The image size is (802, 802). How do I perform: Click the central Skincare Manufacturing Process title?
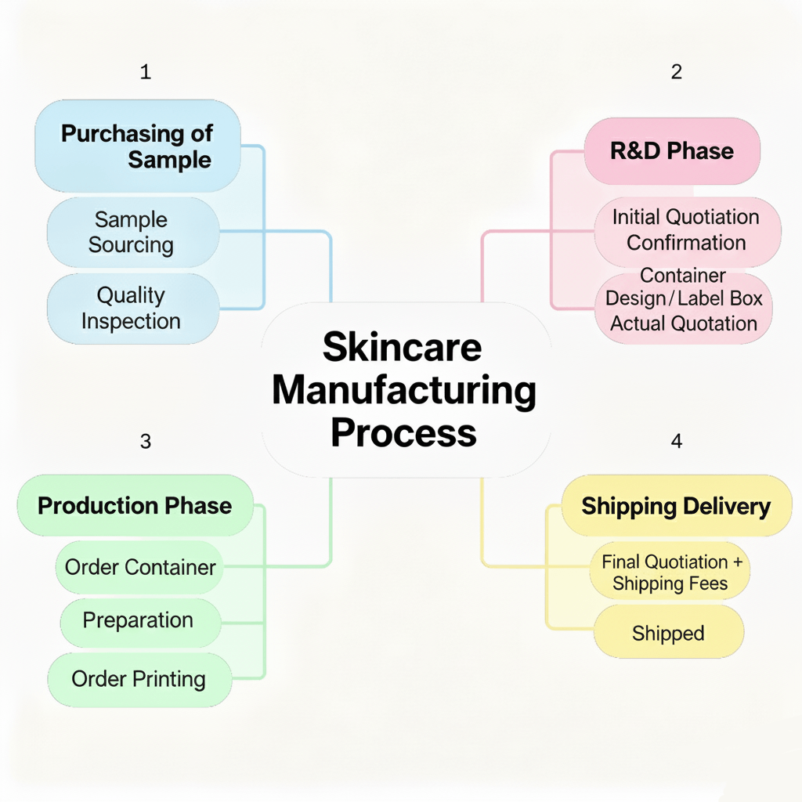[x=404, y=389]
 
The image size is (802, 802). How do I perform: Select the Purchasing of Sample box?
[x=137, y=146]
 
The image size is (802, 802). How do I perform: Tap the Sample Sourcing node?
[x=132, y=232]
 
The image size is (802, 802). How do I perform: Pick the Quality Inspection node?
[x=132, y=308]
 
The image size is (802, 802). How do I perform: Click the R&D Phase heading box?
[x=672, y=151]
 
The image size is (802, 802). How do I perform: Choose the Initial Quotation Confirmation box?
[x=686, y=229]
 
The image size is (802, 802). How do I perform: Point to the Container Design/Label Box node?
[x=684, y=299]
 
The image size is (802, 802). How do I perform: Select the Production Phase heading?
[x=135, y=505]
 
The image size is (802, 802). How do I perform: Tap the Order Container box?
[x=140, y=566]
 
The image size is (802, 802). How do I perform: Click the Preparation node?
[x=138, y=620]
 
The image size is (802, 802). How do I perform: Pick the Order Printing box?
[x=139, y=678]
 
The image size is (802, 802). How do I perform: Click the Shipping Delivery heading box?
[x=676, y=505]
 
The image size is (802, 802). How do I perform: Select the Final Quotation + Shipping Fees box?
[x=670, y=573]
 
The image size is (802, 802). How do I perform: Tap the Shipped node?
[x=668, y=633]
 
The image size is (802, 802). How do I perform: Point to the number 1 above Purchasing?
[x=145, y=72]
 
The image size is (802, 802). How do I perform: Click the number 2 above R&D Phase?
[x=677, y=72]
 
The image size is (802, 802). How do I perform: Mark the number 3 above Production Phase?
[x=145, y=442]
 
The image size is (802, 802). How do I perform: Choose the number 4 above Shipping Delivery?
[x=677, y=442]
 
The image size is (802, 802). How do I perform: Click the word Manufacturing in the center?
[x=404, y=390]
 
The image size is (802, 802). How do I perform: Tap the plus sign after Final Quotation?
[x=736, y=562]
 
